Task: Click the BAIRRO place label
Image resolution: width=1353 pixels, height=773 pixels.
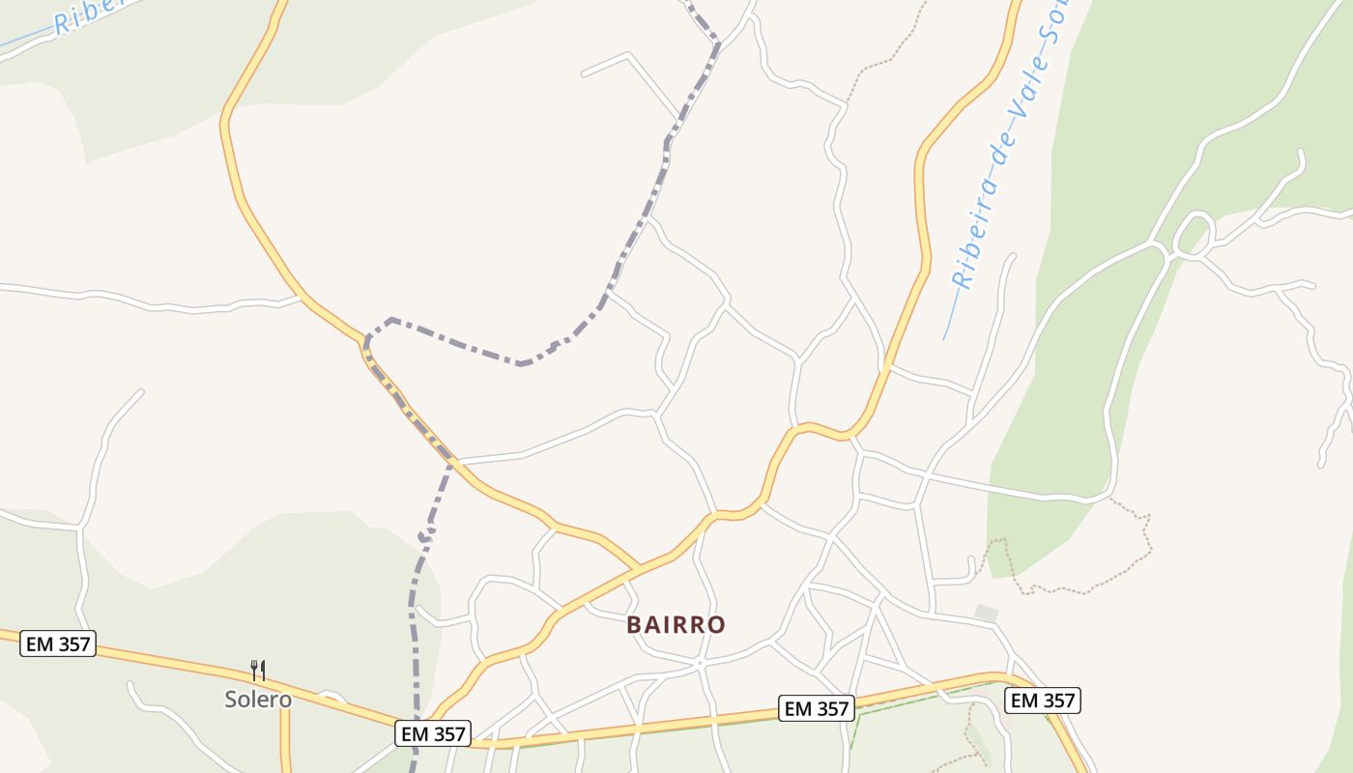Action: pos(676,624)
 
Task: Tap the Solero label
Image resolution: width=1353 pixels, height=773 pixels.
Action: pos(258,699)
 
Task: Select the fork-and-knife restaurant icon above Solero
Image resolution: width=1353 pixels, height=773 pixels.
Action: pos(258,670)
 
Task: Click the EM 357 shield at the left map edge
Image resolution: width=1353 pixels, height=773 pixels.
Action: pos(58,644)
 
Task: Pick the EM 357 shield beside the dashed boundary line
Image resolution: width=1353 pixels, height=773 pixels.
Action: pos(433,734)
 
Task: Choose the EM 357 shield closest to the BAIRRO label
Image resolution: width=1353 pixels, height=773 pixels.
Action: pos(817,708)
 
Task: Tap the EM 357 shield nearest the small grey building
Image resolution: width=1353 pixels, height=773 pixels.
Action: pos(1042,701)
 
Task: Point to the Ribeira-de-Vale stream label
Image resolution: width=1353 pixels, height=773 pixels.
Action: pos(1010,145)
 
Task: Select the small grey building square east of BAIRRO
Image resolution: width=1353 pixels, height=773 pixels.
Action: pos(986,613)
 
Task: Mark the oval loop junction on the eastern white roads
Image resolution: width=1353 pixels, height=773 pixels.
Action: pos(1193,236)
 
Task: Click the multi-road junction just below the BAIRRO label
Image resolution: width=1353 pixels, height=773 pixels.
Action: pos(698,663)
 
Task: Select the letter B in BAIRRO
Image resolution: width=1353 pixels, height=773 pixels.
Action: pos(634,624)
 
